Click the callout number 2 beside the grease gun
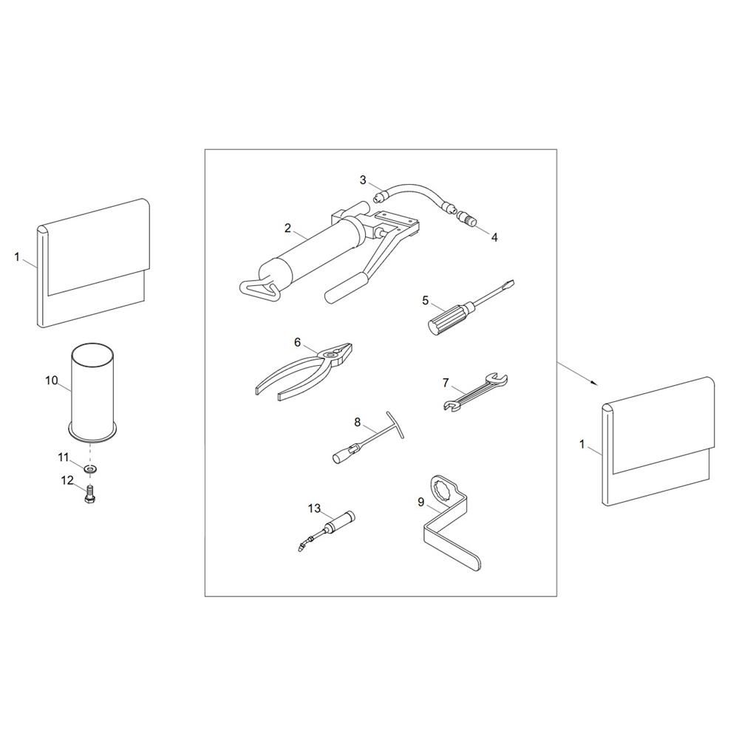coord(287,228)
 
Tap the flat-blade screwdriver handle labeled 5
coord(448,318)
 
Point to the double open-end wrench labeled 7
coord(476,391)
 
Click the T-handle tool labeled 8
coord(369,437)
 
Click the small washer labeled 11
coord(89,469)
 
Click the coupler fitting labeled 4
coord(465,219)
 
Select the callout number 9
coord(421,503)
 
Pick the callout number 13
coord(314,508)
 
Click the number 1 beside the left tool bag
coord(17,257)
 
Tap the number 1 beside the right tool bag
coord(582,444)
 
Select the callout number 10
coord(52,380)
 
